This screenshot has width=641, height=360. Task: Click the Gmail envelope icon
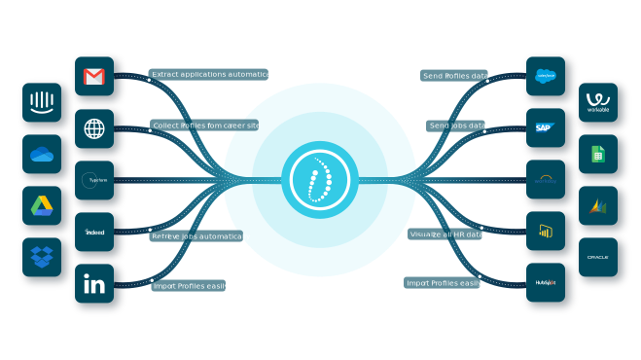(x=94, y=76)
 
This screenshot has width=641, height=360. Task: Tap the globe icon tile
(x=94, y=128)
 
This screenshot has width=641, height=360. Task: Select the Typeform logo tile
(x=94, y=180)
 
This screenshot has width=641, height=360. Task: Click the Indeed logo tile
(x=94, y=233)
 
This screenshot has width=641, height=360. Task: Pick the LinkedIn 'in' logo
(x=94, y=284)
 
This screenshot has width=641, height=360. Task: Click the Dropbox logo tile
(x=42, y=257)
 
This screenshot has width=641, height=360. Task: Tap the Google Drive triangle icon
(x=42, y=205)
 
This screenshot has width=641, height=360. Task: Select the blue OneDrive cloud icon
(x=42, y=154)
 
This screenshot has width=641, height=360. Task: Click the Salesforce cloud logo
(x=545, y=76)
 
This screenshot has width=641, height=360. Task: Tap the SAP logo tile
(x=545, y=127)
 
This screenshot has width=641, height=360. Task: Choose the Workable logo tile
(x=597, y=102)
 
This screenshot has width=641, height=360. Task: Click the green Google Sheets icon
(x=597, y=154)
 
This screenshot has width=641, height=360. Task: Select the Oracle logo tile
(x=597, y=257)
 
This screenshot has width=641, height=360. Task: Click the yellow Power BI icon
(x=545, y=231)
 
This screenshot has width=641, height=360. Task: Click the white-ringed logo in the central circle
(x=319, y=180)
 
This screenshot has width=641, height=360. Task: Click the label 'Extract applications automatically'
(x=214, y=74)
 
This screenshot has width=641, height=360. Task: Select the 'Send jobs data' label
(x=456, y=126)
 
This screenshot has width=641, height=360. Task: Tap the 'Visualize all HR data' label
(x=445, y=234)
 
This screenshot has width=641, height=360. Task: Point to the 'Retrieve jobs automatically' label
(x=200, y=236)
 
